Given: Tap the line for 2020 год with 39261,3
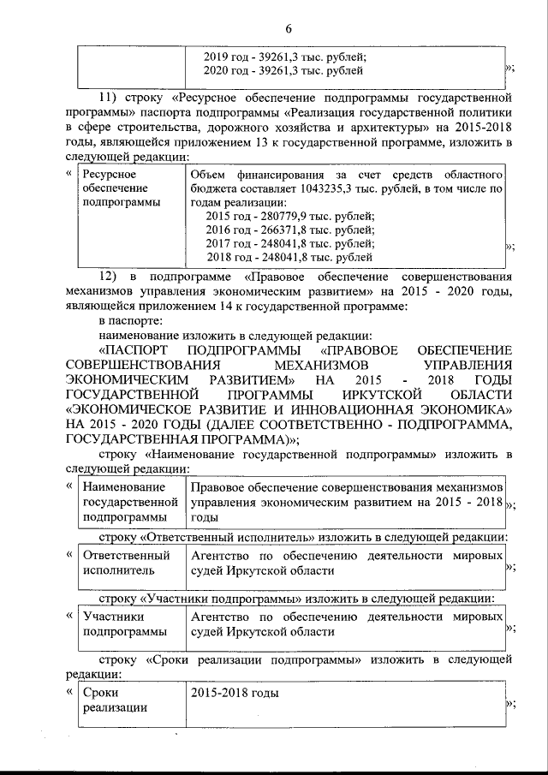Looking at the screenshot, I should pyautogui.click(x=283, y=70).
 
